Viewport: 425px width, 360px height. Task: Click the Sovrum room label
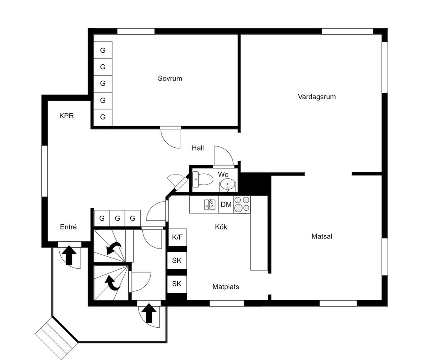pos(170,78)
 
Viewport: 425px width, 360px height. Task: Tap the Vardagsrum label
pos(317,97)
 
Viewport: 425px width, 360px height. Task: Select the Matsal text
pos(322,236)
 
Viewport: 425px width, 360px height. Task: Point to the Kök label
pos(221,227)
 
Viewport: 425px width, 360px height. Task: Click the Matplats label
pos(225,287)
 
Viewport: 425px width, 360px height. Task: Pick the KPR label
pos(66,116)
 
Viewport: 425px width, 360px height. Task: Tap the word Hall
pos(198,148)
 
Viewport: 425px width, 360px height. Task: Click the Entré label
pos(68,227)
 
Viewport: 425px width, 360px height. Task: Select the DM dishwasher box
pos(226,204)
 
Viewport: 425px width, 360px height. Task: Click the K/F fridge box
pos(177,237)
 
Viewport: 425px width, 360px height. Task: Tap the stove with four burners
pos(242,204)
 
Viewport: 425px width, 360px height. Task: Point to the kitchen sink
pos(210,204)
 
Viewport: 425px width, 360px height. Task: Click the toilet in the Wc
pos(203,179)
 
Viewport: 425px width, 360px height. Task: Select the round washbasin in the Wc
pos(227,185)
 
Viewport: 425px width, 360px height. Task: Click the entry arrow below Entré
pos(69,255)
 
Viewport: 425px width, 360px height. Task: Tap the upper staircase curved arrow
pos(114,248)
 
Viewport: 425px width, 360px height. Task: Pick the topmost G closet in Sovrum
pos(103,50)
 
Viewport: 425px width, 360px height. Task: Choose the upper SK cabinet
pos(177,260)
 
